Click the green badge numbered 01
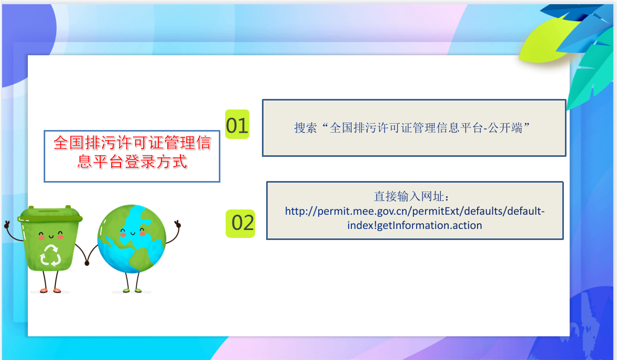[x=237, y=124]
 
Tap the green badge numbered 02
[x=240, y=223]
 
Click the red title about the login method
[x=132, y=152]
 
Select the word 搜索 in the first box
[x=306, y=127]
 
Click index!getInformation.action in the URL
[x=414, y=225]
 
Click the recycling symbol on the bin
[x=50, y=255]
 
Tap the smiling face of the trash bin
[x=50, y=236]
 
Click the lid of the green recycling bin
[x=50, y=214]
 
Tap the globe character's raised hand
[x=177, y=224]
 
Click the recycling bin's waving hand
[x=7, y=225]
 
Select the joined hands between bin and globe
[x=87, y=262]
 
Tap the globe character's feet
[x=132, y=291]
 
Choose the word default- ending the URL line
[x=526, y=211]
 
